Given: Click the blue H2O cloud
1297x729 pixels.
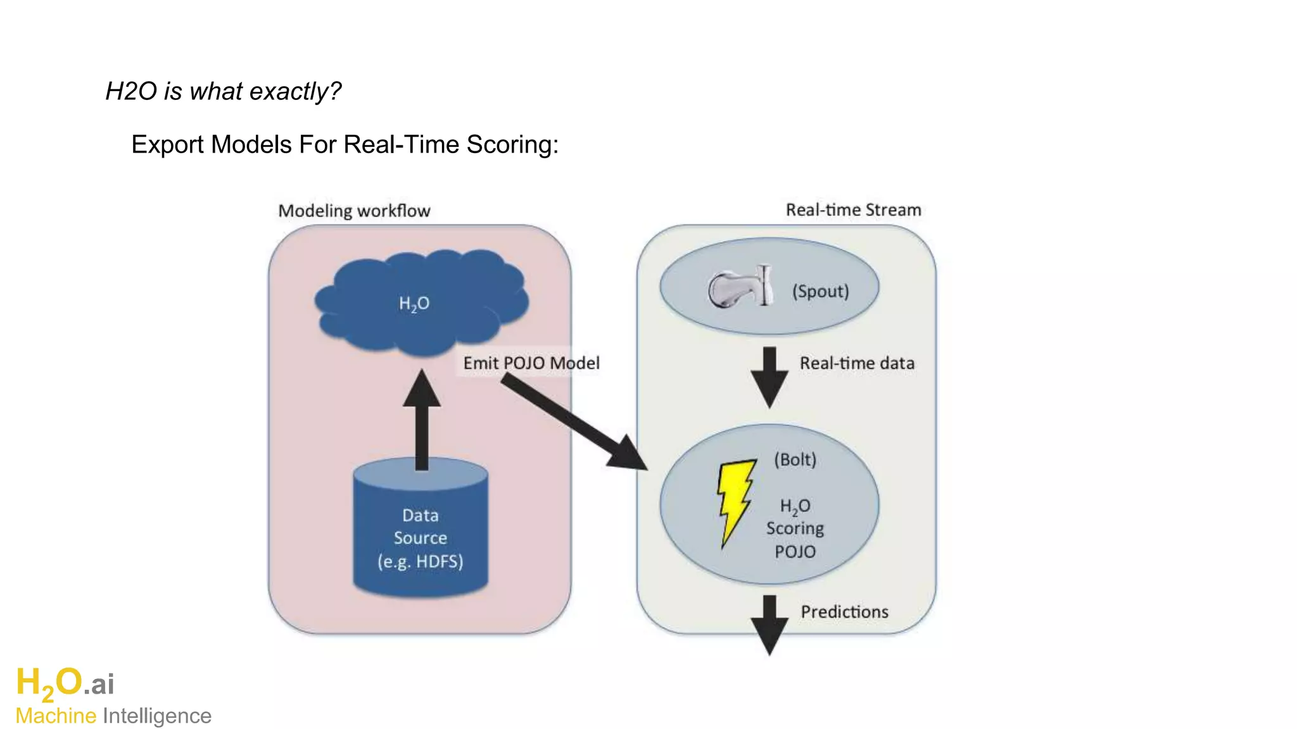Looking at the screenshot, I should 421,302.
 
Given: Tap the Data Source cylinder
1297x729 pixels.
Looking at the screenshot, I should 421,532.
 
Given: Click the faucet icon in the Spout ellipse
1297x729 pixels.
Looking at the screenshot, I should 740,288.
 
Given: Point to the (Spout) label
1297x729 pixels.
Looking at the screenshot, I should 820,291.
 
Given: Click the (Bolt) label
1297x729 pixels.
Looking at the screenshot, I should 795,459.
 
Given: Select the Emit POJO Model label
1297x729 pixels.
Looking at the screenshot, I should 531,363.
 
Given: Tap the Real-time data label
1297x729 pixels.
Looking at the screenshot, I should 856,363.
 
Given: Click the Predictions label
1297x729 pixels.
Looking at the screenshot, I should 844,612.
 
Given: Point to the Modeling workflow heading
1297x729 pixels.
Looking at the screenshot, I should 354,211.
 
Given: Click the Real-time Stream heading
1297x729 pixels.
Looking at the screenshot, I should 853,210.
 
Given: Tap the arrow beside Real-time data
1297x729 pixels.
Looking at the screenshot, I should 769,377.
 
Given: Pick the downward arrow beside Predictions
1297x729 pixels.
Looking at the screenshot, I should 769,624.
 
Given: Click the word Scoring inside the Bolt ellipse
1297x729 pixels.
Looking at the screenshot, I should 795,528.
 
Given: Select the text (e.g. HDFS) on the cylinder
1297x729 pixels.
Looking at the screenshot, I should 421,561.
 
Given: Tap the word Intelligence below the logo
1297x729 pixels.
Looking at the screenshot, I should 157,716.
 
